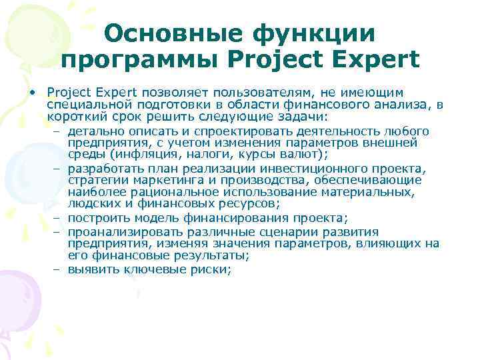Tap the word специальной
pos(90,103)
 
